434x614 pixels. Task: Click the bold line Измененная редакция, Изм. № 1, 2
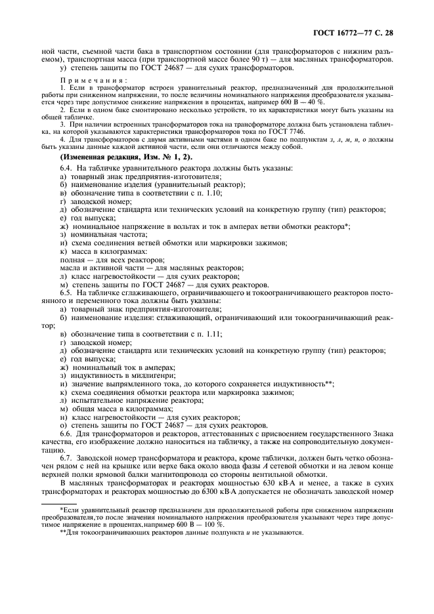[118, 156]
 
